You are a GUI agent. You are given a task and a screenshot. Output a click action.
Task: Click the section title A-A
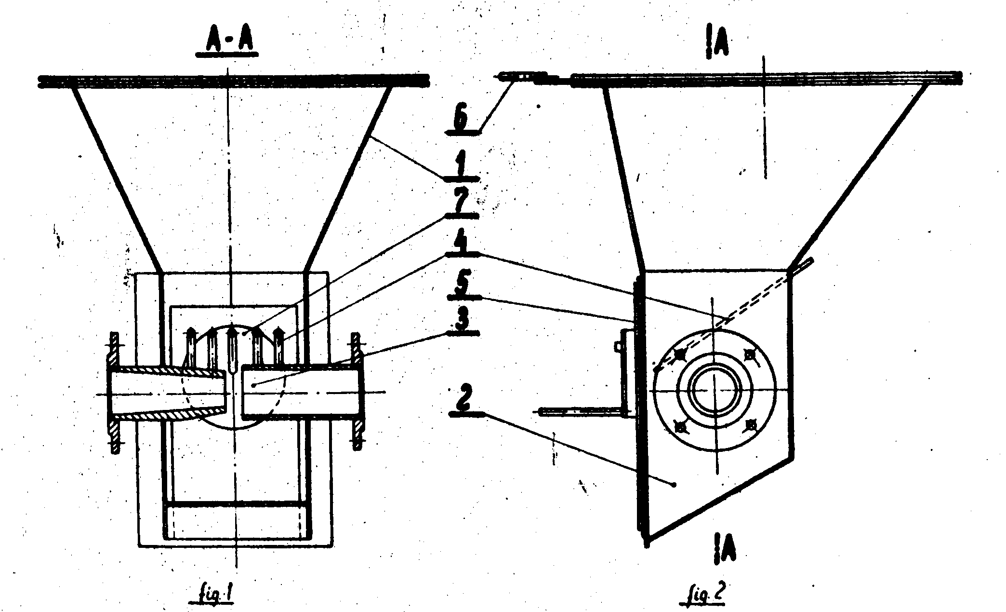(x=226, y=43)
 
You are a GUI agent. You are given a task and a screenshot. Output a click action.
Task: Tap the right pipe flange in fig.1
(x=357, y=391)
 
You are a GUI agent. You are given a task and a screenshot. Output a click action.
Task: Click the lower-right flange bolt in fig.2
(x=751, y=424)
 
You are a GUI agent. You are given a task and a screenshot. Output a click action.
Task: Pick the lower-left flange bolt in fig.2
(x=680, y=425)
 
